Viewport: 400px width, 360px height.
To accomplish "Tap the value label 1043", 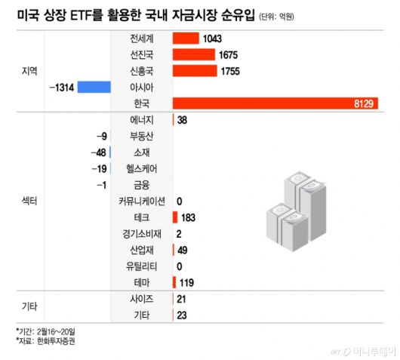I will pos(214,38).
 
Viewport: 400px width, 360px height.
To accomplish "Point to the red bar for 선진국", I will pos(194,54).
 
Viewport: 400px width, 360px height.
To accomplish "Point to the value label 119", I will pos(189,283).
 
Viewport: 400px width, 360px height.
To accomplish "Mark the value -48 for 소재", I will pos(97,152).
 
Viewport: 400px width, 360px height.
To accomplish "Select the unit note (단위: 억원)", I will pos(283,17).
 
